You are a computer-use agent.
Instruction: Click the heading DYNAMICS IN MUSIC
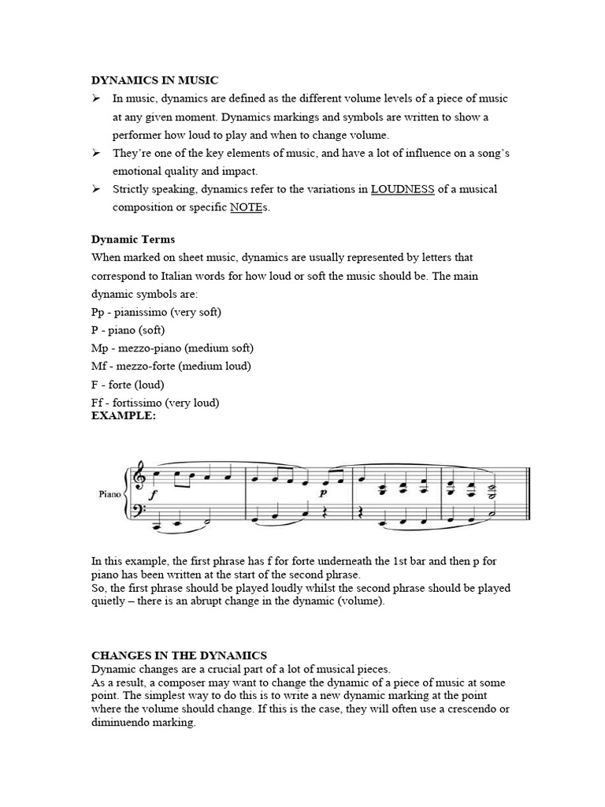tap(155, 80)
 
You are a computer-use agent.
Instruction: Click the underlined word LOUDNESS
tap(403, 189)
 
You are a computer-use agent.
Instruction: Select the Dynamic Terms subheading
tap(133, 239)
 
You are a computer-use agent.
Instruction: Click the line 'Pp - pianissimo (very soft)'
tap(157, 311)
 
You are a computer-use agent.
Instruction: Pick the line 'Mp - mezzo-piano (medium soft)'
tap(173, 348)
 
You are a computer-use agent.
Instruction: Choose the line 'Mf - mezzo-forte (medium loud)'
tap(171, 366)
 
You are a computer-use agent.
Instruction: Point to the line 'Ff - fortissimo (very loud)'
tap(155, 403)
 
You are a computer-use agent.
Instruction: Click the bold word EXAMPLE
tap(124, 415)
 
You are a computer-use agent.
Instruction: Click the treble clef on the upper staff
tap(140, 477)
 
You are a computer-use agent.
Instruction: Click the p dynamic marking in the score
tap(322, 492)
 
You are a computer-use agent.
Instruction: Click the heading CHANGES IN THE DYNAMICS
tap(179, 655)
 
